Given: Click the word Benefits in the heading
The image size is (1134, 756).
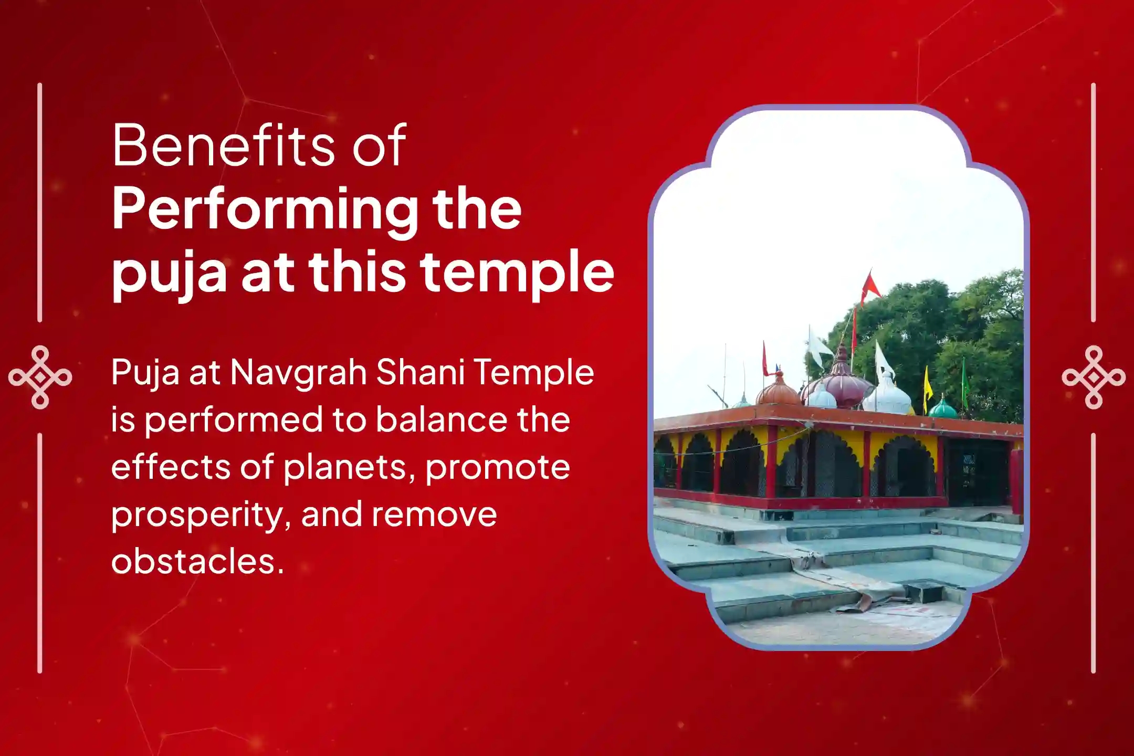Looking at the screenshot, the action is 224,145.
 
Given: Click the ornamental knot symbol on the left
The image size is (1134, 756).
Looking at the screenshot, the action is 40,377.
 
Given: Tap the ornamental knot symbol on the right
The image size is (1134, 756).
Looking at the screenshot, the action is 1094,377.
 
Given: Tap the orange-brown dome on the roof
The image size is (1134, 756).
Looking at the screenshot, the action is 779,390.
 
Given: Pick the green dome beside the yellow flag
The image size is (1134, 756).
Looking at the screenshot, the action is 943,407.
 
